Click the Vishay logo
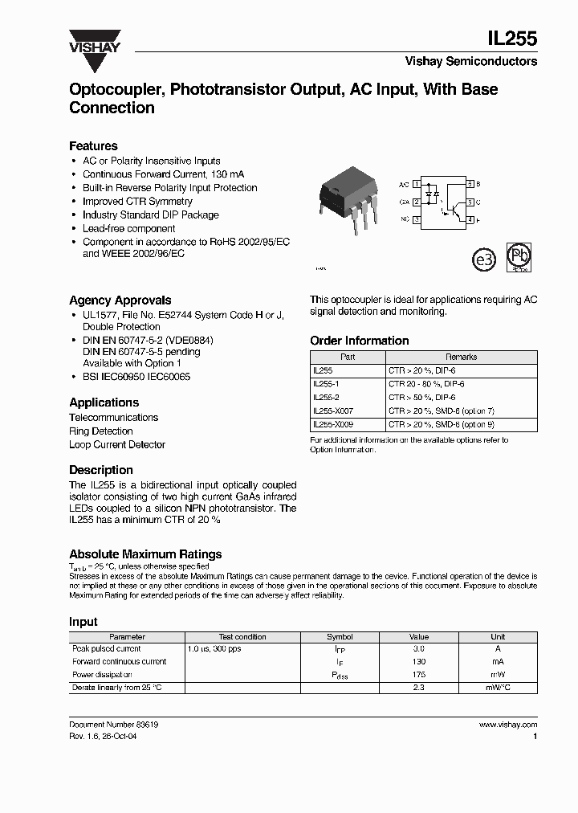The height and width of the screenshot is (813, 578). (x=94, y=41)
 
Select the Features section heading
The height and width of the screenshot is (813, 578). (x=93, y=145)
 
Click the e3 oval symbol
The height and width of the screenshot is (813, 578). (x=483, y=259)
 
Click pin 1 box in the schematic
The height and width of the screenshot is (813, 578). (x=417, y=184)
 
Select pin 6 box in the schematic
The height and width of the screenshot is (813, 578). (x=470, y=184)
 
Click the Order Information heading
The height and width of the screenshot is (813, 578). (x=359, y=341)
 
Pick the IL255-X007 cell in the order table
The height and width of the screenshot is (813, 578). (x=332, y=410)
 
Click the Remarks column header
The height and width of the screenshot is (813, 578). (x=461, y=357)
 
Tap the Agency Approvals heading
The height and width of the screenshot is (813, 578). (x=120, y=300)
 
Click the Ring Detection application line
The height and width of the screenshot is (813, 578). (x=101, y=431)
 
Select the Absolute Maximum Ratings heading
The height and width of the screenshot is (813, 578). (x=145, y=554)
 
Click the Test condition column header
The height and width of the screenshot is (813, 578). (x=242, y=636)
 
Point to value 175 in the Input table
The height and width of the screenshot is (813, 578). (x=419, y=675)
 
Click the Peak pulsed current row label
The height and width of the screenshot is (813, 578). (x=107, y=648)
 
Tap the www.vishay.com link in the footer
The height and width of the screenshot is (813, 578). (x=507, y=724)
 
